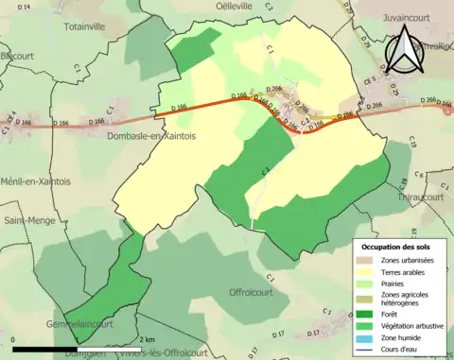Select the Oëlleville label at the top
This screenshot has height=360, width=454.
coord(261,6)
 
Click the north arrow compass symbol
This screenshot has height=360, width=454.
coord(409,55)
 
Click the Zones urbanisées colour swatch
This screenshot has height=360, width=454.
coord(369,260)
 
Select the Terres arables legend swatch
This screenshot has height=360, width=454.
coord(369,272)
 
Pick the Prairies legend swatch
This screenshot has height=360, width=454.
coord(369,284)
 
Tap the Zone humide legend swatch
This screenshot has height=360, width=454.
coord(369,336)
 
